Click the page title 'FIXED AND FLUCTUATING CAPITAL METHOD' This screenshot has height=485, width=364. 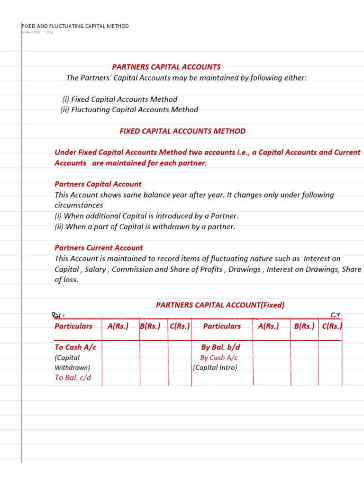click(x=75, y=26)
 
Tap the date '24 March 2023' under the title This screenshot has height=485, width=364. click(x=31, y=32)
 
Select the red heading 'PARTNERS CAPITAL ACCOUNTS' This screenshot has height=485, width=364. click(x=166, y=67)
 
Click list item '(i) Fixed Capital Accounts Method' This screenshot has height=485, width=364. click(x=119, y=99)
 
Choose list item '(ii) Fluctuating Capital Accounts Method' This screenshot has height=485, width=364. click(x=129, y=110)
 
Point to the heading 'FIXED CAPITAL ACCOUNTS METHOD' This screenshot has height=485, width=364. click(x=182, y=131)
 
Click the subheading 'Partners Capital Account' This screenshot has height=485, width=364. click(x=98, y=184)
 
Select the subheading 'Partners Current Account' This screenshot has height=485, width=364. click(x=99, y=248)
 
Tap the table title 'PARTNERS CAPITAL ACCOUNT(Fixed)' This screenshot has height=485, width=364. click(x=220, y=305)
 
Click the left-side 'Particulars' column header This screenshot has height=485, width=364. click(x=73, y=326)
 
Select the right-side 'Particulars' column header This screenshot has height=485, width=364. click(x=222, y=326)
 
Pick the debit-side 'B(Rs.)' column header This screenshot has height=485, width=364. click(x=150, y=326)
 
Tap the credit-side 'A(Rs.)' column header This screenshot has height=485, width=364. click(x=268, y=326)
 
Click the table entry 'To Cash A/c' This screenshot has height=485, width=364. click(x=75, y=347)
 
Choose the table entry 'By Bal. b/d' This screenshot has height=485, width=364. click(x=220, y=347)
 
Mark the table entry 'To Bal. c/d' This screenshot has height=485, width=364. click(x=73, y=377)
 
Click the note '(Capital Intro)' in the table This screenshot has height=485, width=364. click(x=215, y=368)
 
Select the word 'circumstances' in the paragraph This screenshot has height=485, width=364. click(x=79, y=206)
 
